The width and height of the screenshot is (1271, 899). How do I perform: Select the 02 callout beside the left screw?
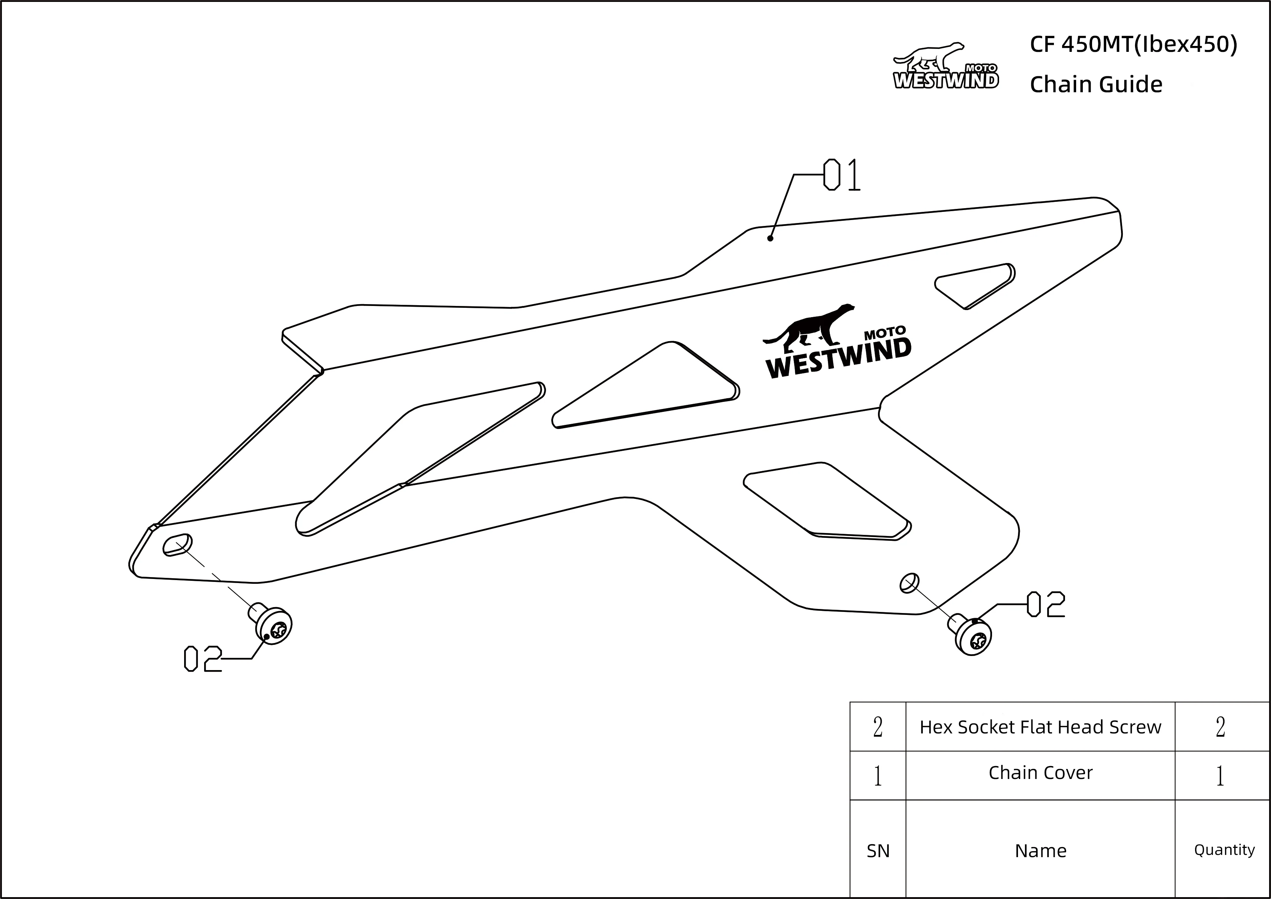[203, 659]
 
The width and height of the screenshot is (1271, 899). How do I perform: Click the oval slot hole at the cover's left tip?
[177, 545]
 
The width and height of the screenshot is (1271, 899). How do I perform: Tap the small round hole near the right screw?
[909, 583]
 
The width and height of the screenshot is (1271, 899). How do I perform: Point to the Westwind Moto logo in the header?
[945, 65]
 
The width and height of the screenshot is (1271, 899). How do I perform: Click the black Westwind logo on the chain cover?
[837, 341]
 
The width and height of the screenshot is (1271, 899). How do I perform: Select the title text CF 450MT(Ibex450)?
[1133, 44]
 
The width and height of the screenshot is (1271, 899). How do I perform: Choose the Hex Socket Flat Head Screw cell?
[1040, 727]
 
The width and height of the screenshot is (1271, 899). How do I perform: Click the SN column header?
[878, 850]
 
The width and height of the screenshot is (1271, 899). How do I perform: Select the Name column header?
[1040, 850]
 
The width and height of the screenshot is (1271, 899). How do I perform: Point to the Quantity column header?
[1224, 850]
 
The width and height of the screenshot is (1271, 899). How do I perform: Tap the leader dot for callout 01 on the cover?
[770, 239]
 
